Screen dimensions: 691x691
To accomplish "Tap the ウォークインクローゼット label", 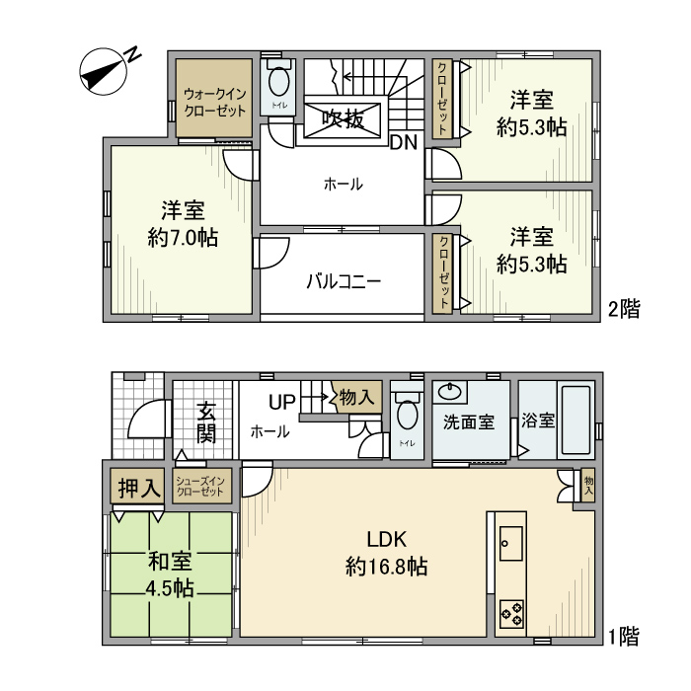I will (215, 103).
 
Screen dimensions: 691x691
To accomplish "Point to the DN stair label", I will (403, 142).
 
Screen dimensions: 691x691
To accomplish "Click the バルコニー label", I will (343, 281).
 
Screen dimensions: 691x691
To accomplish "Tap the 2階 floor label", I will (624, 309).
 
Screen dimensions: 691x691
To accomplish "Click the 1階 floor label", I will (624, 636).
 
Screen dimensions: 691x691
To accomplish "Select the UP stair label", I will (282, 403).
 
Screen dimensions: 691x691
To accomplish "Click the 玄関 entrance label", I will (205, 422).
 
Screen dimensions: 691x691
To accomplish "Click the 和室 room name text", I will (170, 562).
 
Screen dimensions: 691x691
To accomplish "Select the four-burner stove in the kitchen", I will (511, 612).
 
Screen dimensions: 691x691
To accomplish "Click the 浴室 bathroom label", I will (539, 421).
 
